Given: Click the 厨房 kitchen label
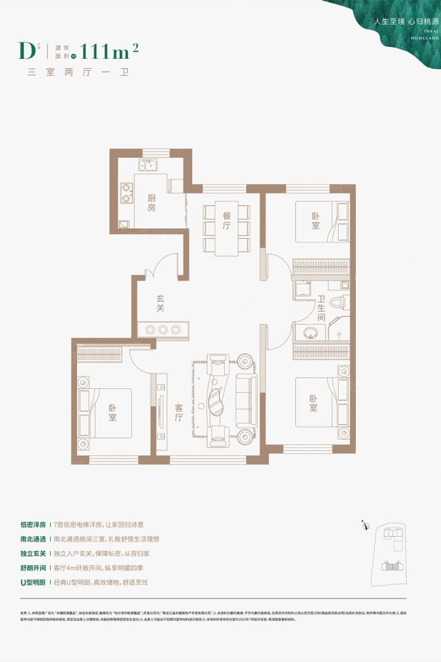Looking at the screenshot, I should pyautogui.click(x=151, y=203).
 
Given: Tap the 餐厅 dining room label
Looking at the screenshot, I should pyautogui.click(x=227, y=221).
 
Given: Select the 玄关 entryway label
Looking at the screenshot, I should pyautogui.click(x=161, y=304).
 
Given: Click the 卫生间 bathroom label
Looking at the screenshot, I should pyautogui.click(x=322, y=309).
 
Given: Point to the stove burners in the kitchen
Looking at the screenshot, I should pyautogui.click(x=126, y=193).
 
